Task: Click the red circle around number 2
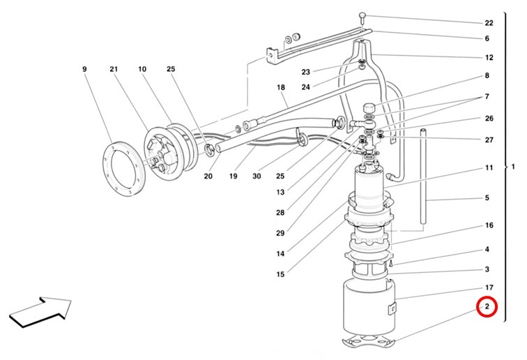coord(487,306)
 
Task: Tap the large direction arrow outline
coord(40,312)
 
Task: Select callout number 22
coord(489,23)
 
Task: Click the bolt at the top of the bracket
coord(362,17)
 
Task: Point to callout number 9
coord(84,69)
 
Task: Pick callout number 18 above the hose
coord(281,87)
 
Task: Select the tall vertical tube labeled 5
coord(423,176)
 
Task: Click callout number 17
coord(489,287)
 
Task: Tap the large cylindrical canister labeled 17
coord(369,308)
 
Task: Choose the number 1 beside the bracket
coord(513,167)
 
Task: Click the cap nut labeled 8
coord(369,110)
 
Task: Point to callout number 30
coord(257,176)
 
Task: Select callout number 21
coord(114,69)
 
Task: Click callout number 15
coord(280,275)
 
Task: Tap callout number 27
coord(489,140)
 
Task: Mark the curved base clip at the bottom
coord(369,340)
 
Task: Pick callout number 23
coord(305,72)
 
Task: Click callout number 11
coord(489,167)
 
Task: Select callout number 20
coord(208,176)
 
